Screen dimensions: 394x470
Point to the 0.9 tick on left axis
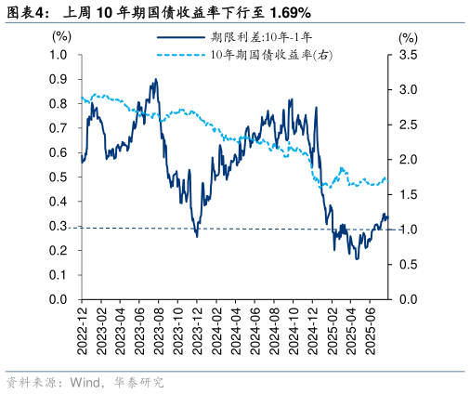(59, 79)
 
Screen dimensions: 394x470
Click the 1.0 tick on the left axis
(59, 55)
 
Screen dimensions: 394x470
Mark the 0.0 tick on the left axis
(59, 300)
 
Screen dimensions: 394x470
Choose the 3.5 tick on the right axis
(408, 55)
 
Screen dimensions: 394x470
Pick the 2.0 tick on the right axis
(408, 160)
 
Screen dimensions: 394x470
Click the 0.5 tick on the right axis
(408, 265)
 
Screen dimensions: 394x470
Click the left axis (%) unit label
(61, 37)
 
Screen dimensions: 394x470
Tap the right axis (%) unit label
(408, 38)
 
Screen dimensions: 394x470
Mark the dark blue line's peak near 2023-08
(155, 80)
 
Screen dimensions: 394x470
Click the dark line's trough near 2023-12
(196, 235)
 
